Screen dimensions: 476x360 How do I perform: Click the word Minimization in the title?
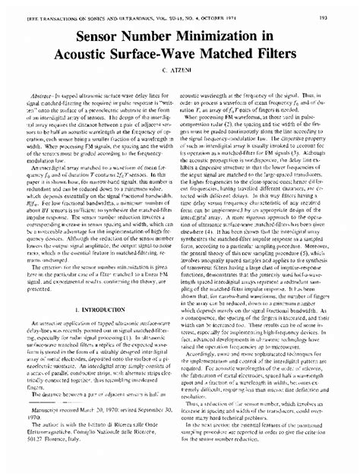point(218,36)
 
